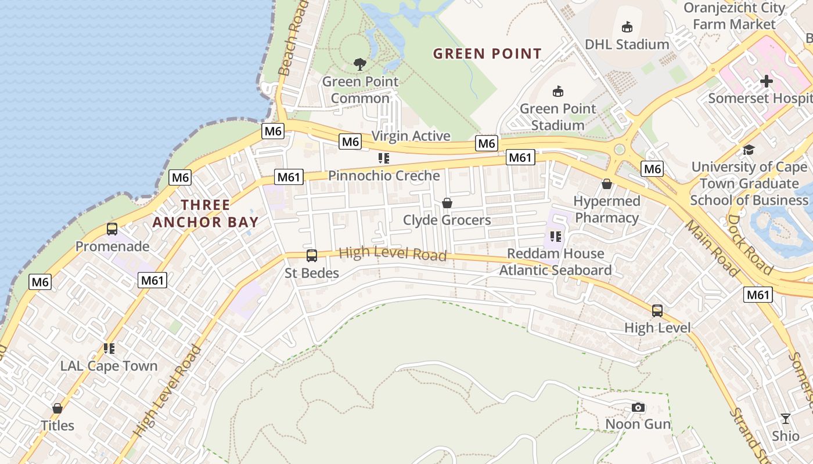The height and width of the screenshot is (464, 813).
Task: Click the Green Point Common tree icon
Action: click(360, 64)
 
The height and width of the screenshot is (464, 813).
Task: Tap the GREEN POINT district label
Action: click(487, 54)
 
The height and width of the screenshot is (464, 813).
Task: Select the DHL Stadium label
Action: click(627, 44)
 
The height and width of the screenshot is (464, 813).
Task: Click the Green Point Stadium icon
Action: click(558, 91)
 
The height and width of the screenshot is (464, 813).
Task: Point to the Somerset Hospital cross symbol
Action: click(767, 81)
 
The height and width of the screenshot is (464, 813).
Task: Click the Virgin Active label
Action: click(411, 136)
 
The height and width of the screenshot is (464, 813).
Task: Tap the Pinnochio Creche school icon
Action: click(383, 158)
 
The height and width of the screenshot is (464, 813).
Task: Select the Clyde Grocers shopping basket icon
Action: click(447, 203)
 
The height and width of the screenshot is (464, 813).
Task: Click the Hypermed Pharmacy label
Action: click(607, 209)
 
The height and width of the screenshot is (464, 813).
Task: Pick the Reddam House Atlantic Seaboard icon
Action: click(556, 237)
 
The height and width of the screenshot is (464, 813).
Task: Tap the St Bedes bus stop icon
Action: click(312, 255)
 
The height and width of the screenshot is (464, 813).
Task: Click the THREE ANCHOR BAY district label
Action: click(205, 213)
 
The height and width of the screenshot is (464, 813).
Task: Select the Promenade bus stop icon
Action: click(112, 229)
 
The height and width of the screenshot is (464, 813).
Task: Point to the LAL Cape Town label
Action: click(109, 366)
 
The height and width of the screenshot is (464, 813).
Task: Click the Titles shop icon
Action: click(57, 408)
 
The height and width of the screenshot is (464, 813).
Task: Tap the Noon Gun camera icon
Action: click(638, 407)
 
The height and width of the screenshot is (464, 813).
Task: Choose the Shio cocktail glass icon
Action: click(786, 419)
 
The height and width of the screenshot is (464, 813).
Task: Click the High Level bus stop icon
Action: click(657, 311)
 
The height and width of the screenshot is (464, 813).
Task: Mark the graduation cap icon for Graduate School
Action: click(749, 150)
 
